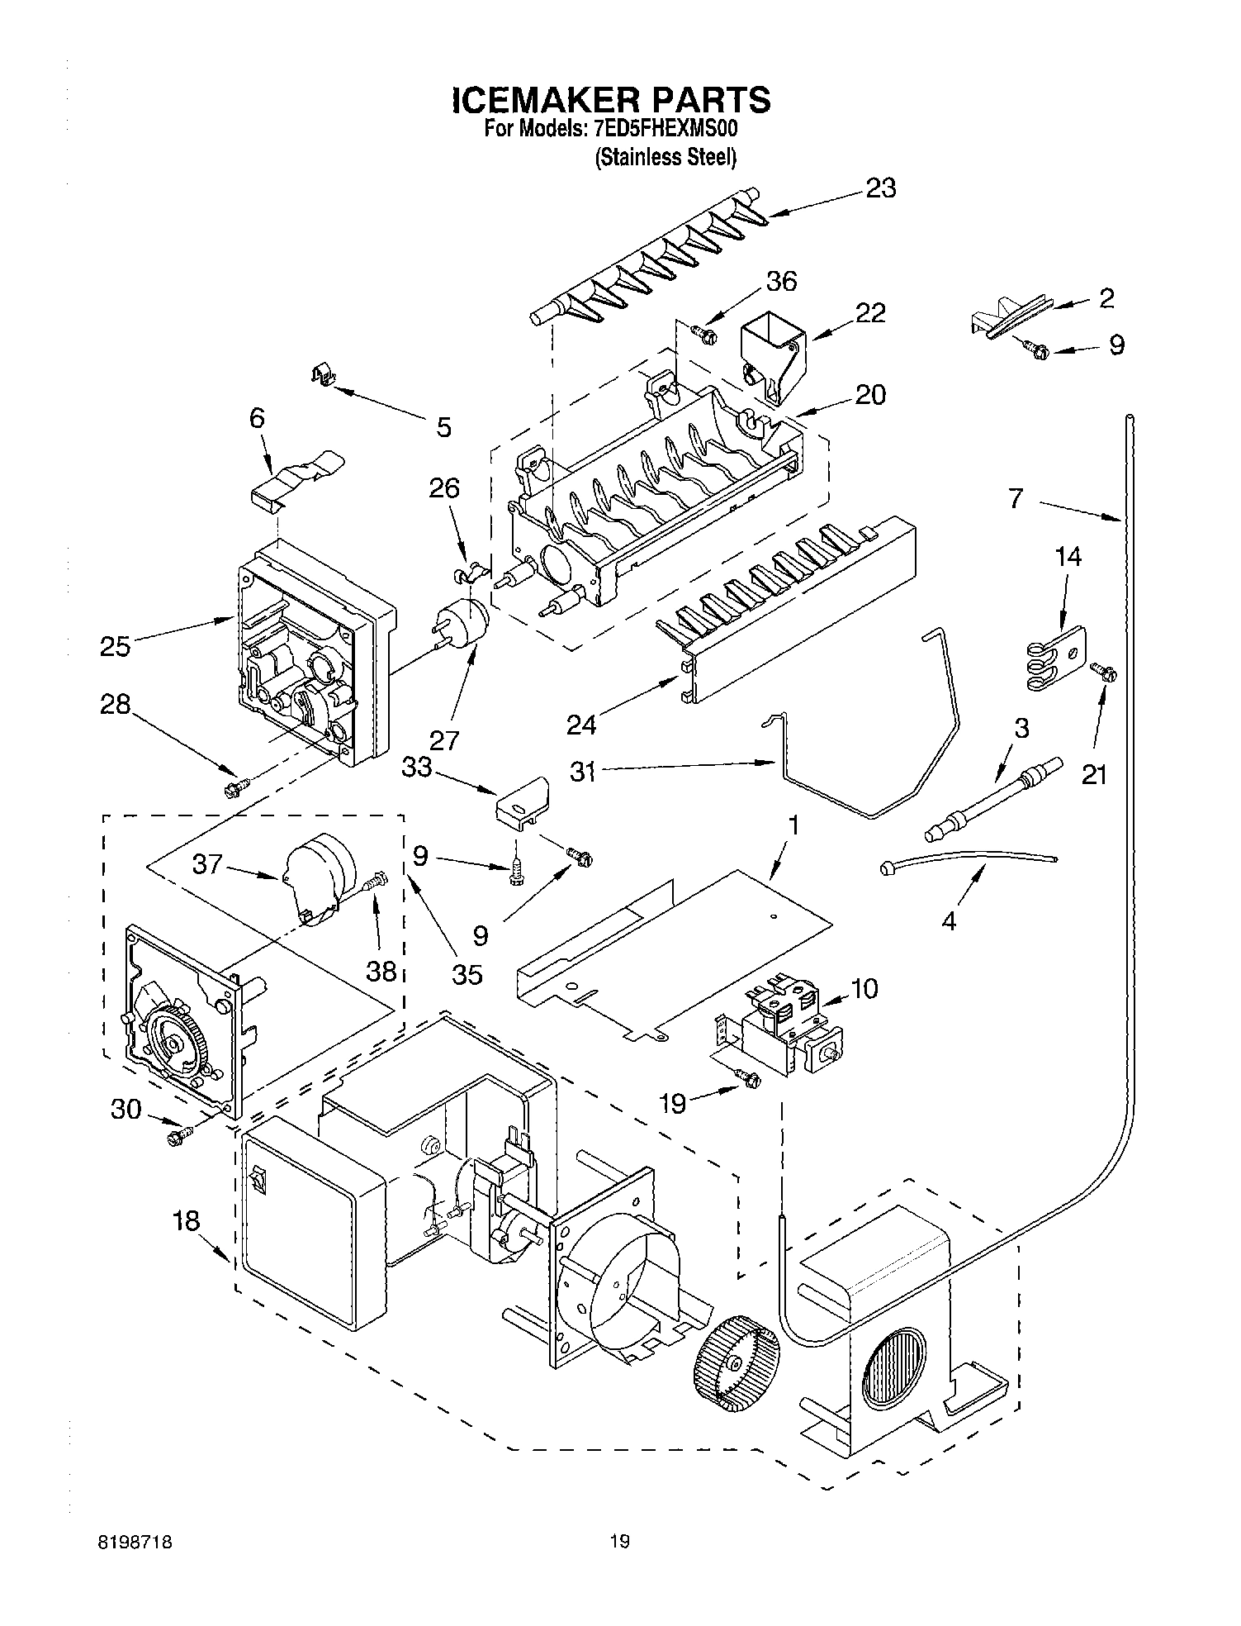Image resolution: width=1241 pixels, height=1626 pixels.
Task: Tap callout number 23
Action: click(x=881, y=188)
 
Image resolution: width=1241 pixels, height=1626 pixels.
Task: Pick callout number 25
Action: click(x=115, y=645)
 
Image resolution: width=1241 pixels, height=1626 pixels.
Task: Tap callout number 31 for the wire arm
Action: click(x=584, y=771)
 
